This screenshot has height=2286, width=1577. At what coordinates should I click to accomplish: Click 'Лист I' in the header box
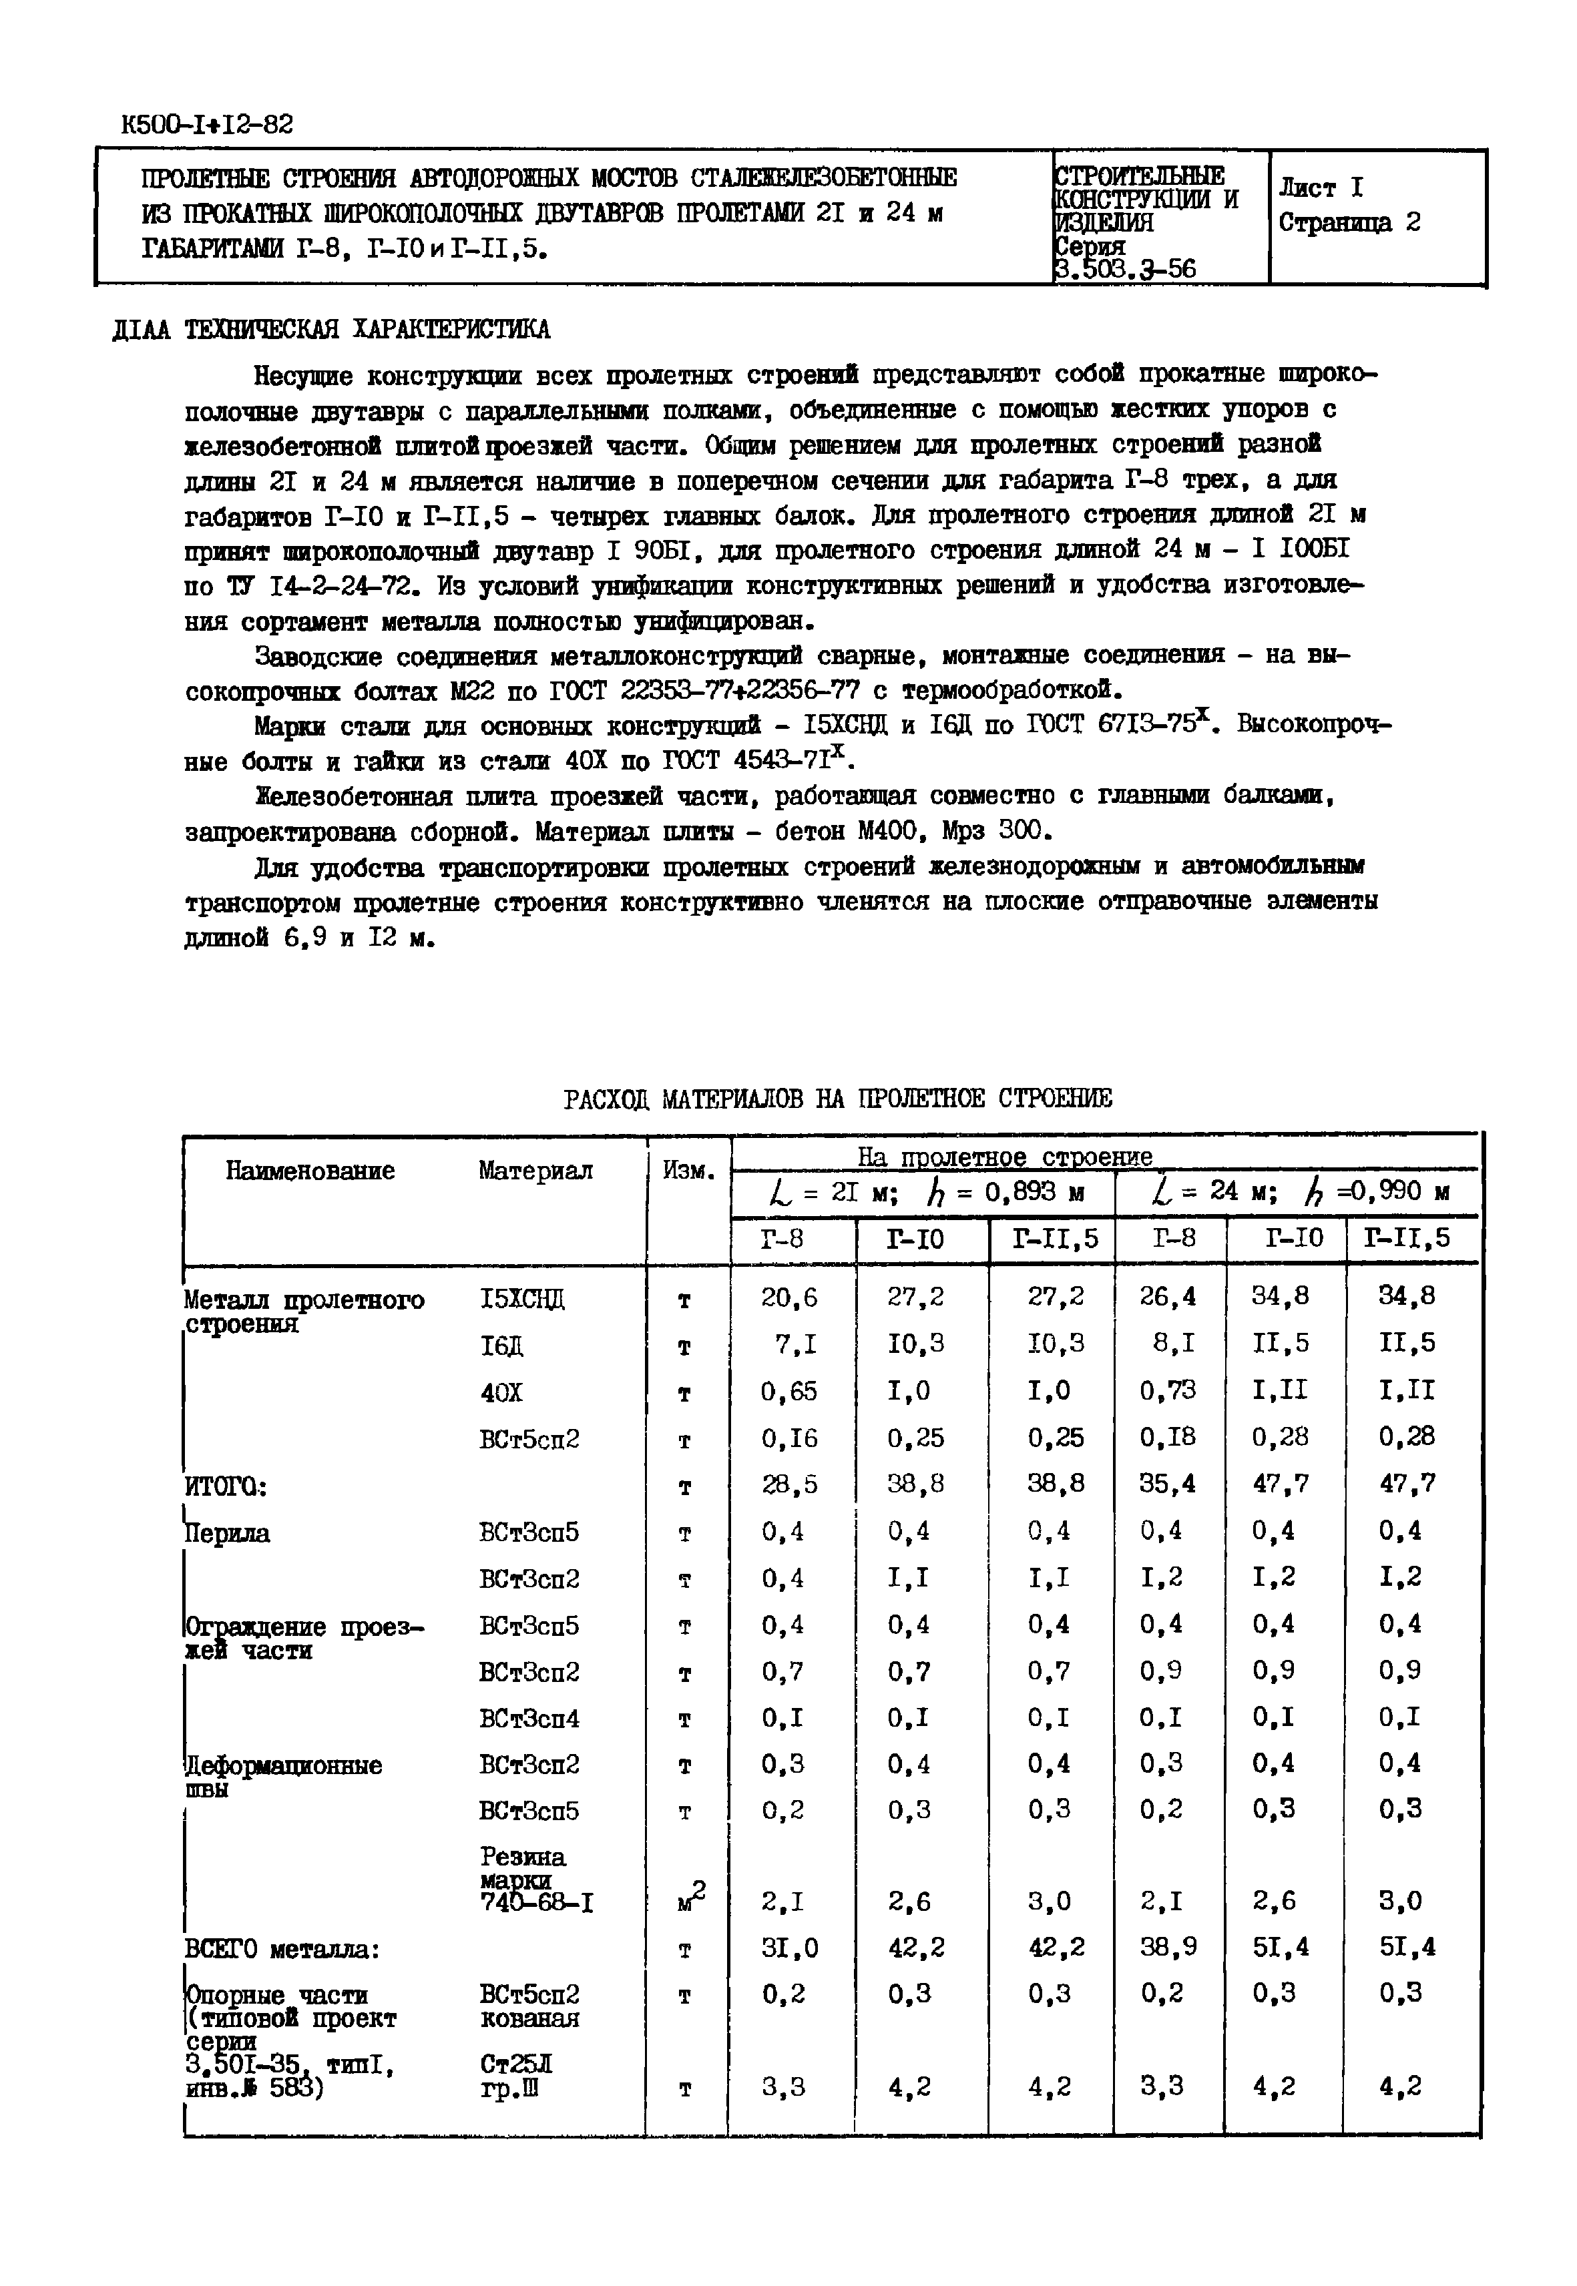coord(1320,187)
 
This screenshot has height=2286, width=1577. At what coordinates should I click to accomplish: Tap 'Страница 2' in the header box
coord(1349,222)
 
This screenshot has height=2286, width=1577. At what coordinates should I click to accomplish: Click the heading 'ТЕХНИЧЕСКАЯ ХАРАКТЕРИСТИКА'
coord(367,329)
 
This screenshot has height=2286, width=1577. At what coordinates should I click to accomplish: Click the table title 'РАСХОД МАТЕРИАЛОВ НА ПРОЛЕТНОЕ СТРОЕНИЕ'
coord(837,1099)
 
